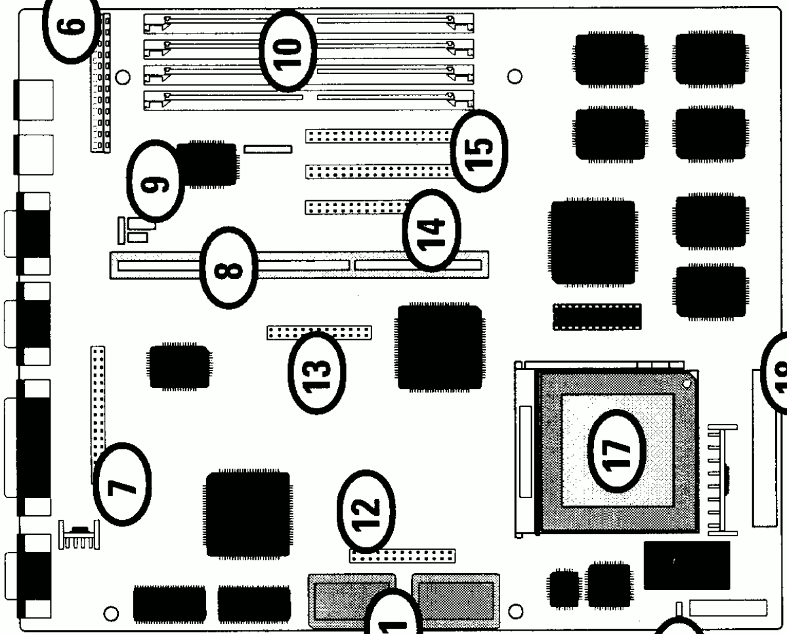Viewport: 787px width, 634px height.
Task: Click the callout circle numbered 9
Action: point(156,181)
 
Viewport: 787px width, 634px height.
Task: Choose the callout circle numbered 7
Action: point(121,483)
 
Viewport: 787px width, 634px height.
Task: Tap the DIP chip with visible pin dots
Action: point(596,316)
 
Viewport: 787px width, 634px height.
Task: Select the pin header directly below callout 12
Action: point(402,557)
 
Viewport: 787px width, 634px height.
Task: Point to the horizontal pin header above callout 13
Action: point(319,332)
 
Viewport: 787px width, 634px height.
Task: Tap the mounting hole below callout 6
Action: point(121,77)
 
